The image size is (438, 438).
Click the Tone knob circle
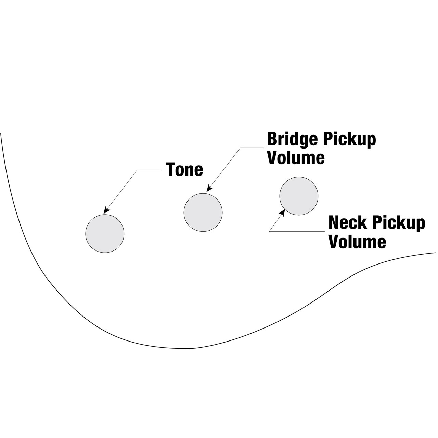coord(105,234)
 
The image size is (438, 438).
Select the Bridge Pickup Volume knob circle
coord(203,212)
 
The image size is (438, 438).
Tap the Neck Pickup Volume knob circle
coord(299,196)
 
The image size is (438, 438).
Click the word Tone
coord(184,169)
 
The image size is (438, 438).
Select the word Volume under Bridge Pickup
coord(296,158)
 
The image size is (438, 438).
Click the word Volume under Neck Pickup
coord(357,242)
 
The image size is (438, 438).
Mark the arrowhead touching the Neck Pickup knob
coord(283,213)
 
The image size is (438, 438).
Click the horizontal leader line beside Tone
coord(149,170)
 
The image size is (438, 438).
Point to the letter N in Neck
coord(334,223)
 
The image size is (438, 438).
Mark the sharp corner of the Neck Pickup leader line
coord(270,232)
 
